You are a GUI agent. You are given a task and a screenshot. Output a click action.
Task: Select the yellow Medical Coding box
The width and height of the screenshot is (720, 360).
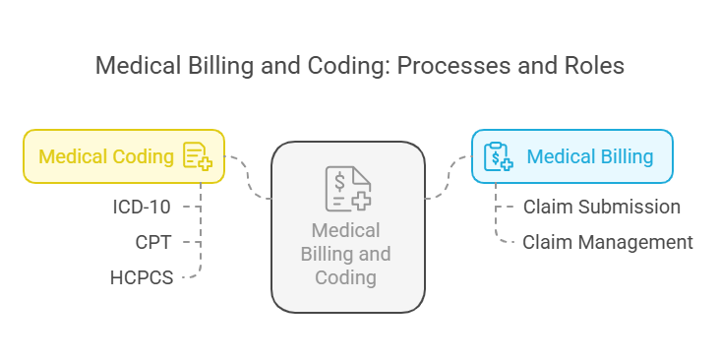click(x=124, y=156)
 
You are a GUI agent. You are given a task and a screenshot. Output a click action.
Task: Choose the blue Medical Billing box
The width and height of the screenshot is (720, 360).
click(x=571, y=156)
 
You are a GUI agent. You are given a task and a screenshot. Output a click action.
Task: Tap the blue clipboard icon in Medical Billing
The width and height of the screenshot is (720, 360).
click(x=499, y=156)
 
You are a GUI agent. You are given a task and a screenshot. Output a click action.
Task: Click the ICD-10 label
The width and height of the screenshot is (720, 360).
click(x=143, y=207)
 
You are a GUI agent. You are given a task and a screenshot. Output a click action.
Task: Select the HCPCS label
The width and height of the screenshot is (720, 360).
click(x=142, y=277)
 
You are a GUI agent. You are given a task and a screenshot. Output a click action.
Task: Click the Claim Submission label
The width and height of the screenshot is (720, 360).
click(x=601, y=207)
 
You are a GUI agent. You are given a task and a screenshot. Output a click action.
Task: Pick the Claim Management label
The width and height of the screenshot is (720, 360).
click(x=607, y=242)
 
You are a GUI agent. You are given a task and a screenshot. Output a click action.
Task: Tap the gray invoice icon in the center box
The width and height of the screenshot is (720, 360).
click(x=347, y=189)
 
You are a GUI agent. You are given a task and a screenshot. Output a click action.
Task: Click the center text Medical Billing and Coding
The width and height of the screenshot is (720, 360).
click(x=346, y=254)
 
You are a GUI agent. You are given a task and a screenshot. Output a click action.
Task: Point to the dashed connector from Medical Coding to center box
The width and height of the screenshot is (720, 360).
click(x=248, y=177)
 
